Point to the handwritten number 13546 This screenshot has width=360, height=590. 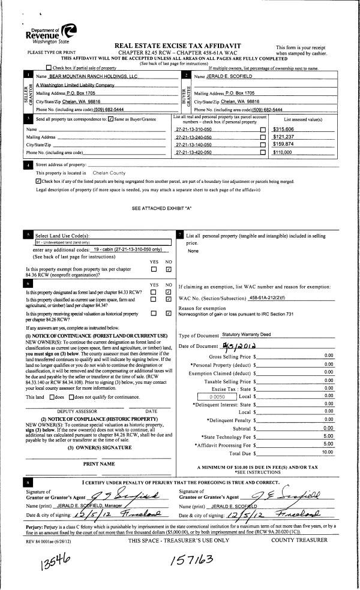pos(46,562)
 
